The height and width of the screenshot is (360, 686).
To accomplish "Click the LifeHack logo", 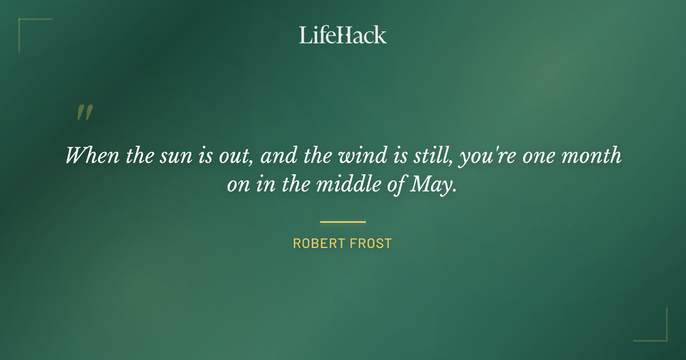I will click(343, 35).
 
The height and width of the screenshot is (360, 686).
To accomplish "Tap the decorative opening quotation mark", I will click(85, 113).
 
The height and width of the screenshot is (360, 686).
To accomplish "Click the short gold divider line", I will click(343, 222).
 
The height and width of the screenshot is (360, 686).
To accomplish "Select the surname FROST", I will click(370, 243).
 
